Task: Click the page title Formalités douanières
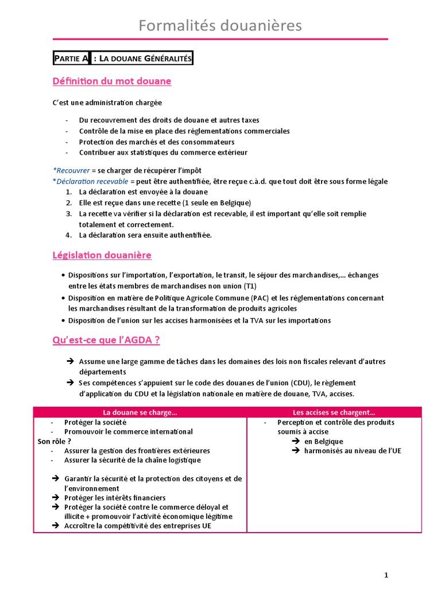[x=220, y=26]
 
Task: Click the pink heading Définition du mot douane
[x=111, y=81]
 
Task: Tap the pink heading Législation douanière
[x=102, y=255]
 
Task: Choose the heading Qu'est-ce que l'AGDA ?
[x=106, y=340]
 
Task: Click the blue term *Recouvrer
[x=71, y=171]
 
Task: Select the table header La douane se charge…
[x=140, y=412]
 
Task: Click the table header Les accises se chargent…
[x=334, y=412]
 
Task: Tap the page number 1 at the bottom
[x=386, y=575]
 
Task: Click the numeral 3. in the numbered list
[x=68, y=213]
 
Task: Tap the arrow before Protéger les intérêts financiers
[x=55, y=498]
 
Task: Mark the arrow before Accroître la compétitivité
[x=55, y=526]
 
